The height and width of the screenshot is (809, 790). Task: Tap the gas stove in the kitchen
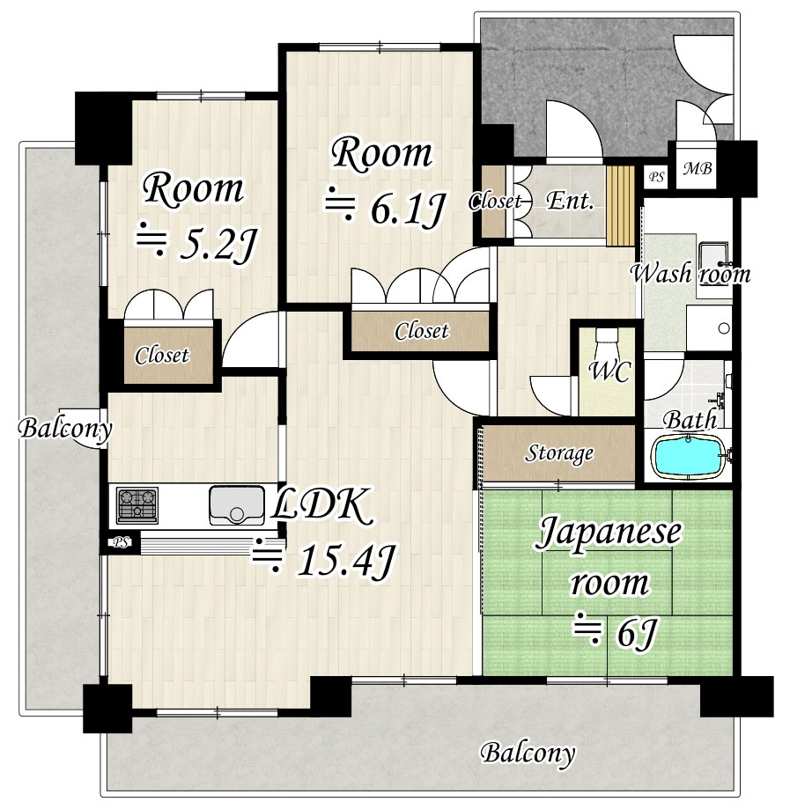coord(137,505)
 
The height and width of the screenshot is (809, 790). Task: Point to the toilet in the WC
coord(607,338)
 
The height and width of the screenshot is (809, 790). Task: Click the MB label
coord(697,168)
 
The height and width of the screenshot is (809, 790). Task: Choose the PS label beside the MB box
coord(656,177)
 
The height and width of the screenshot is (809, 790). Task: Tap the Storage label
coord(559,453)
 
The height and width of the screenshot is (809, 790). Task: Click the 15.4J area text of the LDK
coord(324,560)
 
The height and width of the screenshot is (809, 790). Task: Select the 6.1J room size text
coord(385,209)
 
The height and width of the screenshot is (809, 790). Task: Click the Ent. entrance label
coord(570,201)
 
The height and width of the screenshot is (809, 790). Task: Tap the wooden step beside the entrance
coord(620,206)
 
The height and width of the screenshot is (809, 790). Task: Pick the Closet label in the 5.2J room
coord(162,355)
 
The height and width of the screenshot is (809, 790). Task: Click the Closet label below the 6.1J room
coord(421,331)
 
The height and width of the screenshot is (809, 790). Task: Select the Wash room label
coord(690,274)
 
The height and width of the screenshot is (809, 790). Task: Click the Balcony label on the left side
coord(65,429)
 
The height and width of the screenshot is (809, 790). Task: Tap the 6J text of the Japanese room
coord(616,633)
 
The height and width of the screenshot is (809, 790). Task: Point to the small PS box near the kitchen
coord(121,543)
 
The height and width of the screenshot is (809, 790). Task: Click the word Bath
coord(690,420)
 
